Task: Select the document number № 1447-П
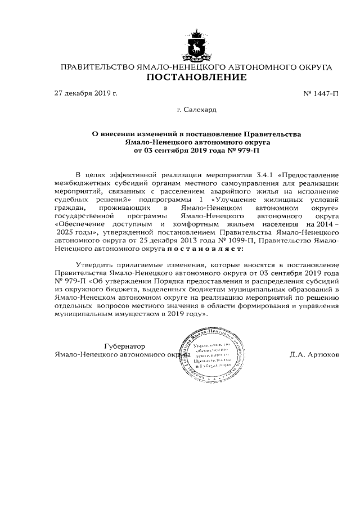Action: tap(321, 93)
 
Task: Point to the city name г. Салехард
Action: tap(196, 111)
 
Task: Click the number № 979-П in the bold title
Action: tap(245, 151)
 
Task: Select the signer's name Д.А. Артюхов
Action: tap(314, 355)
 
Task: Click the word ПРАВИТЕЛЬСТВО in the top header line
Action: tap(97, 67)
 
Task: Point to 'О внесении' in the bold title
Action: tap(111, 134)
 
